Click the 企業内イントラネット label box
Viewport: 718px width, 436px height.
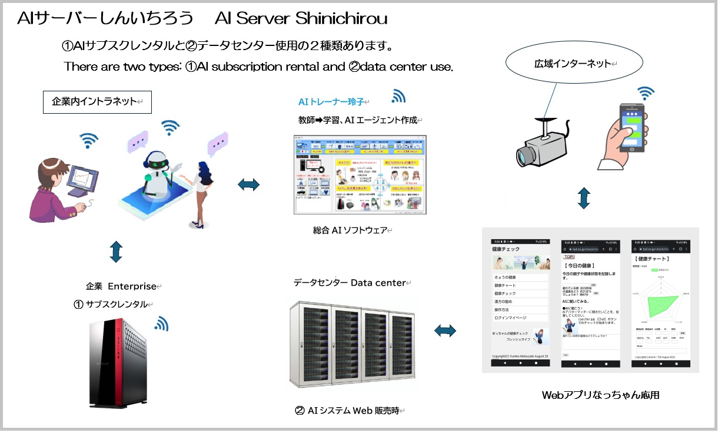[98, 101]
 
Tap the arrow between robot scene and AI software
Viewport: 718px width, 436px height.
[248, 186]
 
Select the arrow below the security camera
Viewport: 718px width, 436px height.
[583, 198]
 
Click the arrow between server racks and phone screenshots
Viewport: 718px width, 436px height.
[446, 331]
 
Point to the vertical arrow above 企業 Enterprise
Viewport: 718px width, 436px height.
[116, 252]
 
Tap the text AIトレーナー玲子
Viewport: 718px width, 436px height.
[332, 102]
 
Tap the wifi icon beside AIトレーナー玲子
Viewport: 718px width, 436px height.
[398, 97]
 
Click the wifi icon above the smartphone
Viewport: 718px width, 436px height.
[646, 93]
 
